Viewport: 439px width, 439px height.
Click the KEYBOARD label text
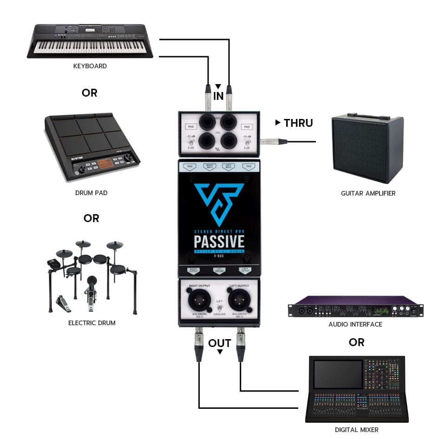(90, 66)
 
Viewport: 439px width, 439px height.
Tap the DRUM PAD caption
(91, 192)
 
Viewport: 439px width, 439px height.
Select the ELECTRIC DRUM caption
(92, 322)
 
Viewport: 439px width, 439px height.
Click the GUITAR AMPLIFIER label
(368, 193)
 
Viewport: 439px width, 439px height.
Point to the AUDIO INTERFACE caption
(355, 324)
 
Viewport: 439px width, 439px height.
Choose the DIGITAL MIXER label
(357, 429)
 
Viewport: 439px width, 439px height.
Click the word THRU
(298, 123)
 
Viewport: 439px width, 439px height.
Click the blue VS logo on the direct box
(219, 202)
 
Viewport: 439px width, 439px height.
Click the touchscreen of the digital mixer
(338, 374)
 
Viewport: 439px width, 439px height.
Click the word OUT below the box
(219, 343)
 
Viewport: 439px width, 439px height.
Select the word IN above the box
(218, 96)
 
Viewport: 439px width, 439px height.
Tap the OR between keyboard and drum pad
(90, 93)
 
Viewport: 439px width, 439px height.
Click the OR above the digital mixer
(356, 342)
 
